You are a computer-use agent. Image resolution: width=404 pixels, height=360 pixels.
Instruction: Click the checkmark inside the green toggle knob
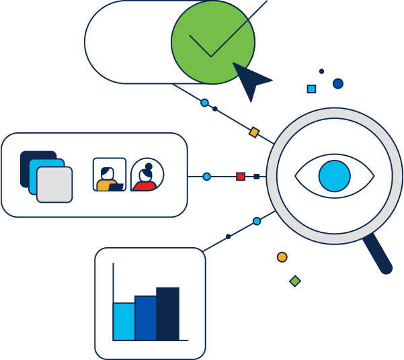[210, 44]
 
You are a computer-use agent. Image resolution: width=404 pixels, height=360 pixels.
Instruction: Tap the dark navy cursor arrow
[249, 79]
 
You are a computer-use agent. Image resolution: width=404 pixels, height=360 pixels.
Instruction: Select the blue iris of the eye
[335, 176]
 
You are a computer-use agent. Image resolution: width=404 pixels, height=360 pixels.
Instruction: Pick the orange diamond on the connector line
[254, 132]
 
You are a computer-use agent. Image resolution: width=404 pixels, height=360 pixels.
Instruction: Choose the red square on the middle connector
[241, 177]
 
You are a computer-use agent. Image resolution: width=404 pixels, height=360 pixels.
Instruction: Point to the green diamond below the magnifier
[295, 281]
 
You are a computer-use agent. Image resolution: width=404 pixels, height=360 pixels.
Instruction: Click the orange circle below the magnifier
[282, 257]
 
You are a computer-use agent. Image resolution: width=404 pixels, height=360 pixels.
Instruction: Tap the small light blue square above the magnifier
[311, 89]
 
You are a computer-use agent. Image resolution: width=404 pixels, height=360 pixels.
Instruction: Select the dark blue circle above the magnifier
[338, 84]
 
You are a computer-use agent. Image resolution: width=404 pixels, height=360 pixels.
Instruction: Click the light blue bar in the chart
[124, 321]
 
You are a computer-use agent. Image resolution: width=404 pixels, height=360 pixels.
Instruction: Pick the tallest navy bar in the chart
[168, 313]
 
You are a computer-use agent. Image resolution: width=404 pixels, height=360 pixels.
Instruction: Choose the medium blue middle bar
[146, 318]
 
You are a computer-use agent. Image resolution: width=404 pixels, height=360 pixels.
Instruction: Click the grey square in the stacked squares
[54, 185]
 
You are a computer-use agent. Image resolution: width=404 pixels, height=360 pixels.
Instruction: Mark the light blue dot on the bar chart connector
[257, 221]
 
